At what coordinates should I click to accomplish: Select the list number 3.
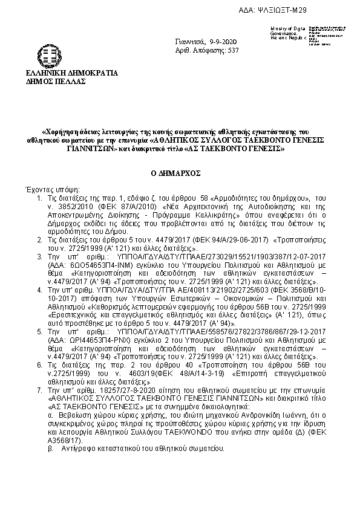point(39,256)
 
